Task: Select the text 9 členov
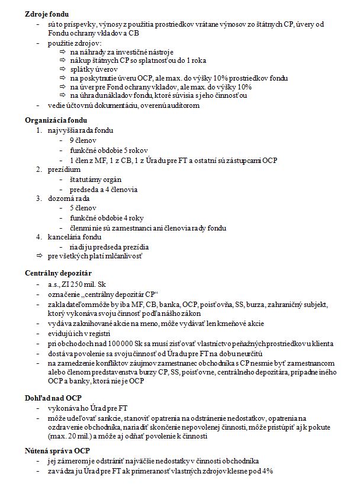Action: pos(83,140)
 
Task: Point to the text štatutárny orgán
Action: pos(94,179)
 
